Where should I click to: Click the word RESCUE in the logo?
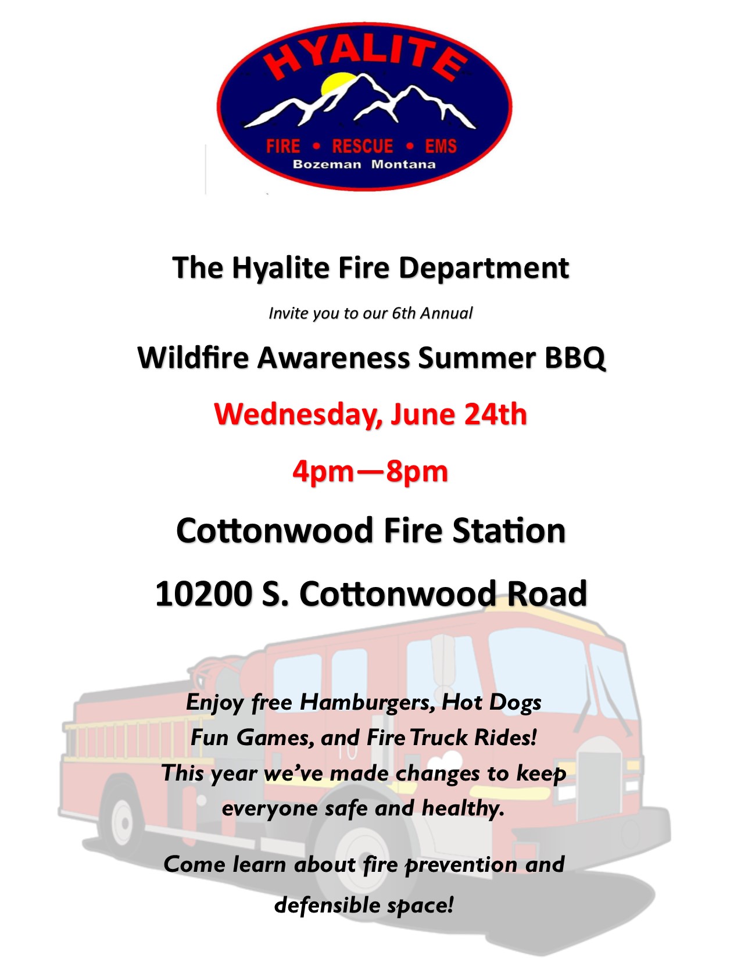tap(362, 146)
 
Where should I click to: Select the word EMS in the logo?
tap(441, 146)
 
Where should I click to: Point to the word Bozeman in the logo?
tap(327, 164)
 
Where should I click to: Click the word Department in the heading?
tap(484, 269)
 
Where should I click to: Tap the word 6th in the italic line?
tap(403, 313)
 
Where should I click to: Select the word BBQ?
tap(575, 357)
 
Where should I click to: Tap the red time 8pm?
tap(417, 473)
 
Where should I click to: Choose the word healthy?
tap(463, 809)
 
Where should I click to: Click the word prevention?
tap(461, 865)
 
